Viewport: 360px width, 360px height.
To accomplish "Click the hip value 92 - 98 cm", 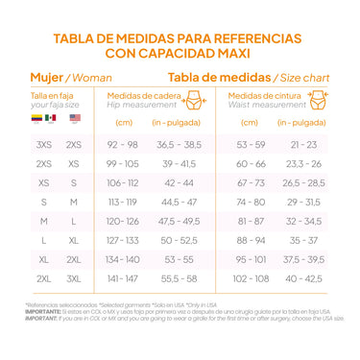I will [123, 143].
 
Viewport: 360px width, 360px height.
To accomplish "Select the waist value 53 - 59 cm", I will [251, 143].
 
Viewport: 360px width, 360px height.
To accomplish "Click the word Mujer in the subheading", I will [44, 77].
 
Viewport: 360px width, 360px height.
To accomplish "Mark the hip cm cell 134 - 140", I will [123, 259].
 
